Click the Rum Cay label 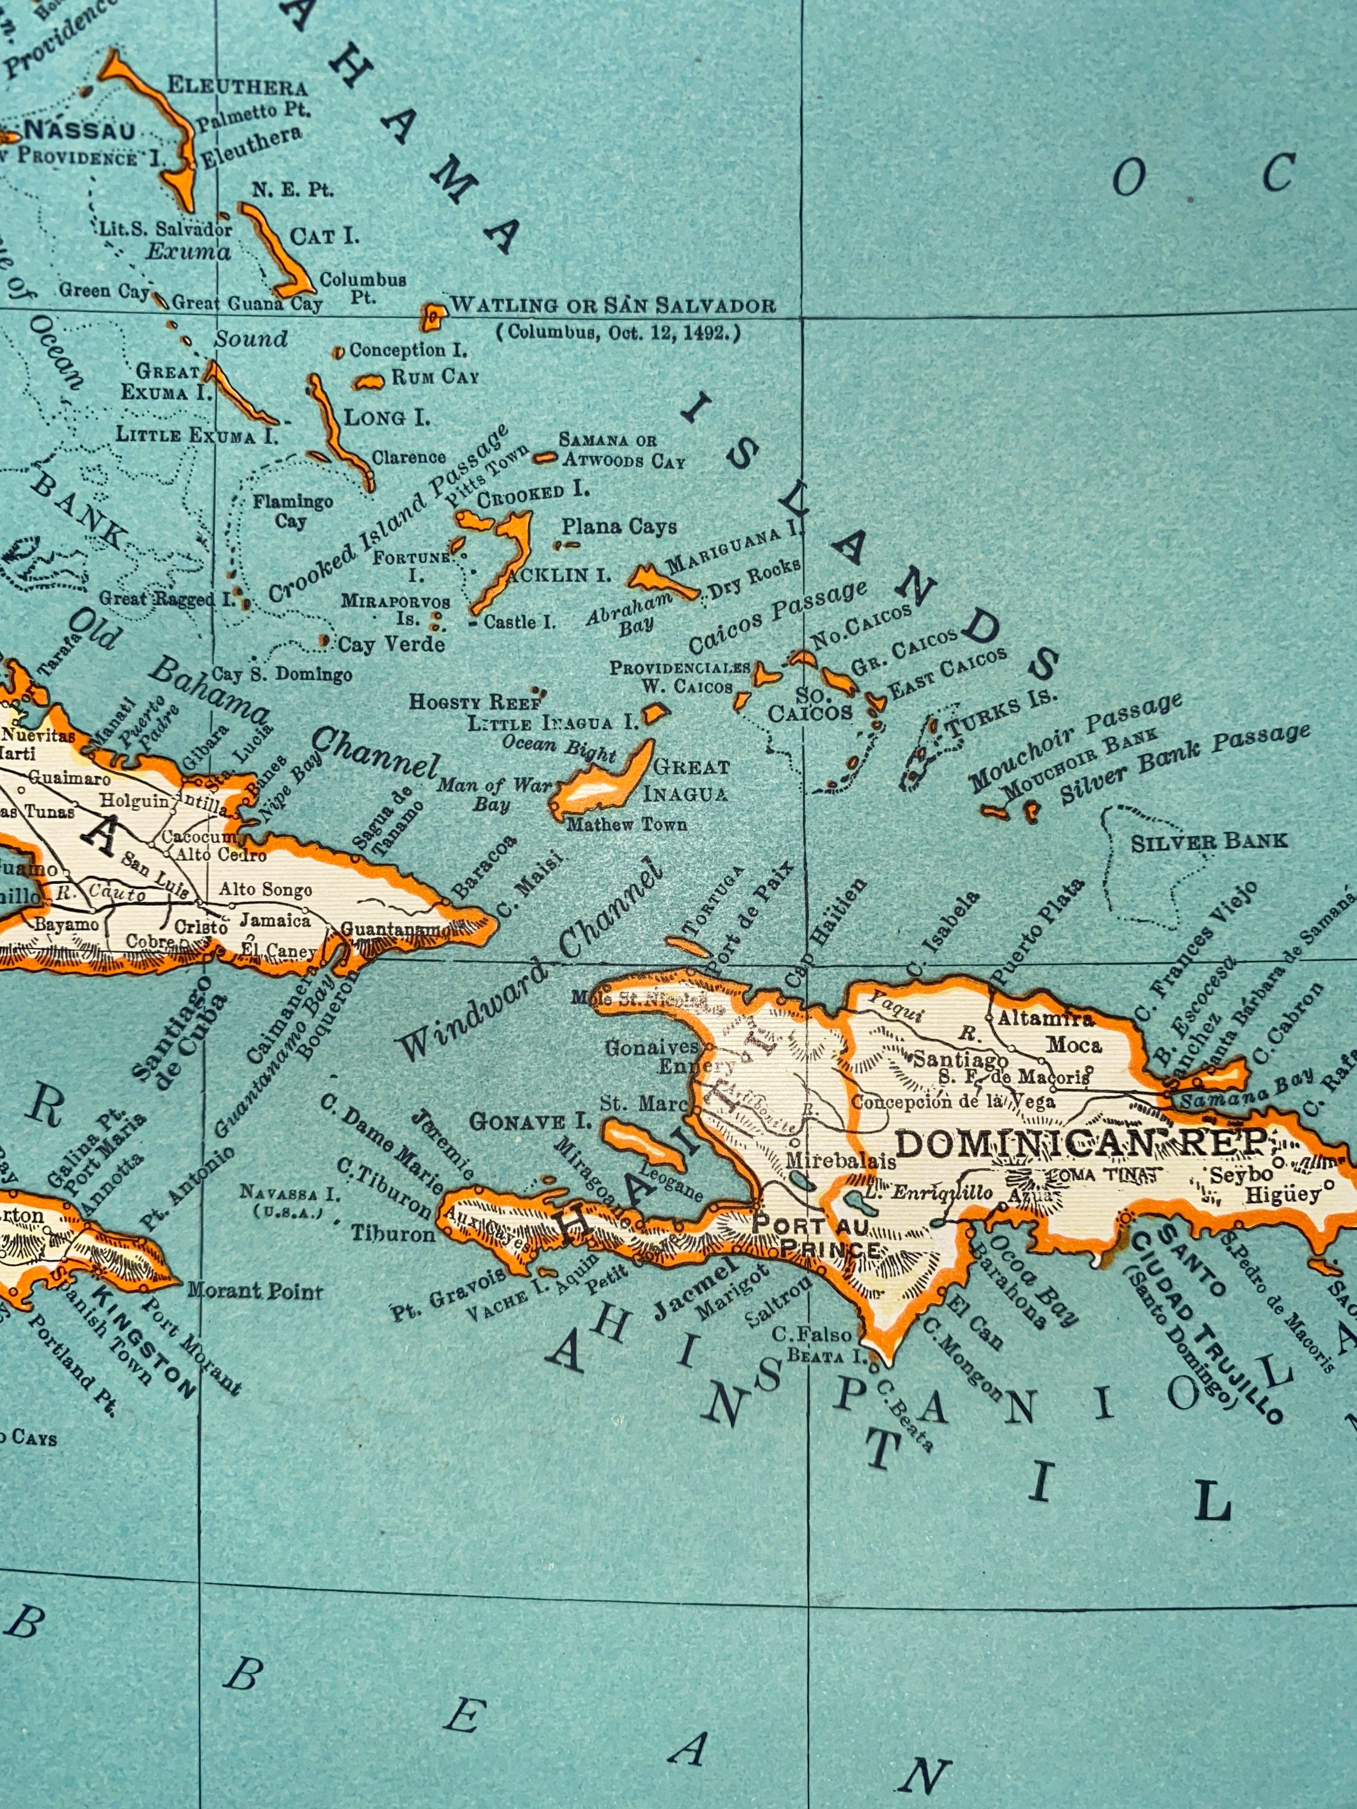tap(435, 377)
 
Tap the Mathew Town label tap(626, 823)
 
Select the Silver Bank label tap(1208, 840)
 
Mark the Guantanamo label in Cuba tap(394, 930)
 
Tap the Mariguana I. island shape tap(661, 582)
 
